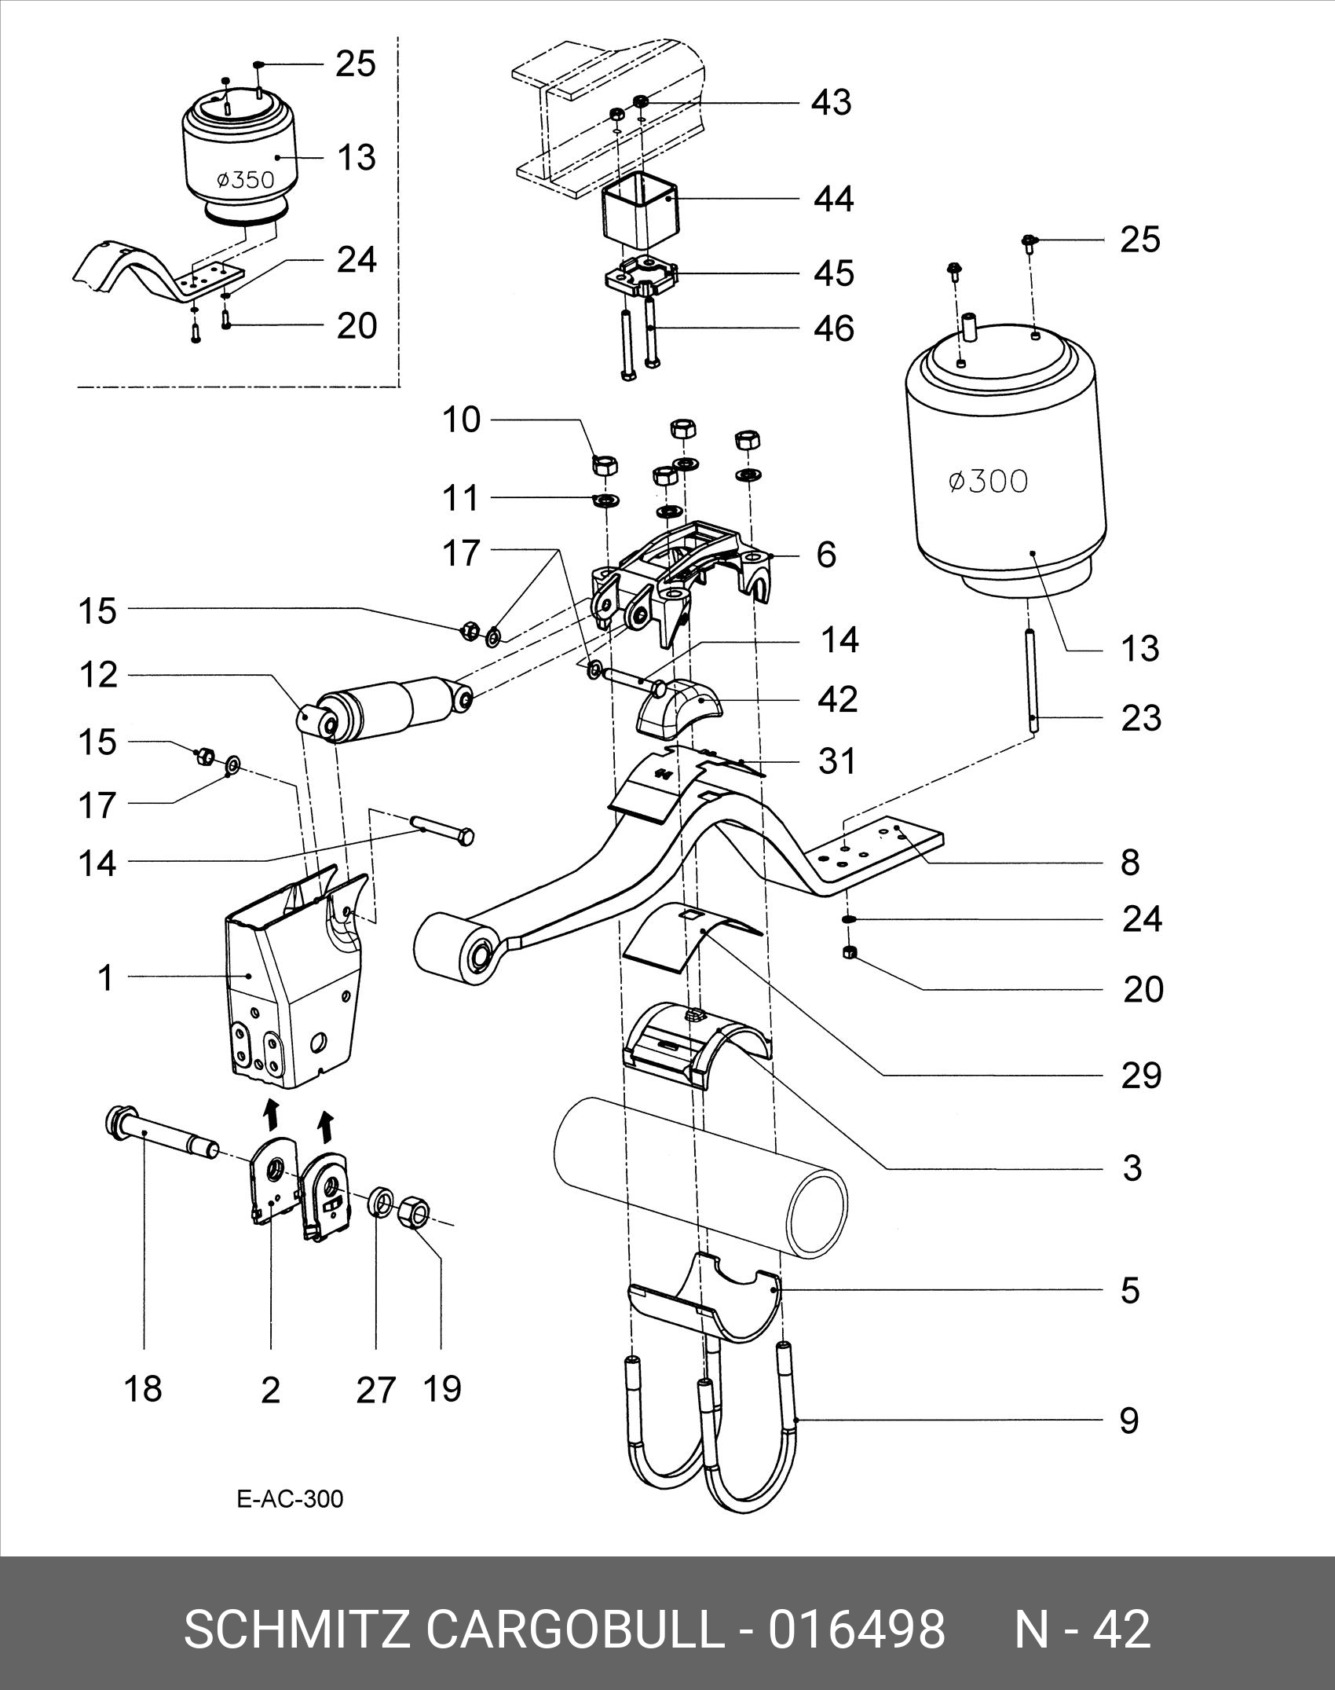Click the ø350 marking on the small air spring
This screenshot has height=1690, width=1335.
[x=245, y=180]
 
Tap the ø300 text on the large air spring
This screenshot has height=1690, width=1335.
[x=987, y=481]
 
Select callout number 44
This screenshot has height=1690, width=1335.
[x=833, y=200]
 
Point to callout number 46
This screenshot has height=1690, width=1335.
[x=834, y=328]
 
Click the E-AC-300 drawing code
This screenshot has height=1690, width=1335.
[x=290, y=1499]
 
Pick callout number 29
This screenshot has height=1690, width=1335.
[x=1141, y=1075]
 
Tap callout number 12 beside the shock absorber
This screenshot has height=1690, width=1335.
[x=97, y=675]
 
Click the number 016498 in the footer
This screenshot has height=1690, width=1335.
[x=856, y=1630]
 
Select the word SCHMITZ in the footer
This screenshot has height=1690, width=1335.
[x=297, y=1630]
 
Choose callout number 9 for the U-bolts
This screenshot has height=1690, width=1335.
[x=1128, y=1420]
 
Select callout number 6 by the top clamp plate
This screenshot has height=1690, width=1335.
[x=826, y=555]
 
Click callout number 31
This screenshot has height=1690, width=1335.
[x=836, y=761]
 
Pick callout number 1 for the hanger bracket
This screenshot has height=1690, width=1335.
[x=105, y=978]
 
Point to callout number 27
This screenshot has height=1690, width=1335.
[x=375, y=1390]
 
